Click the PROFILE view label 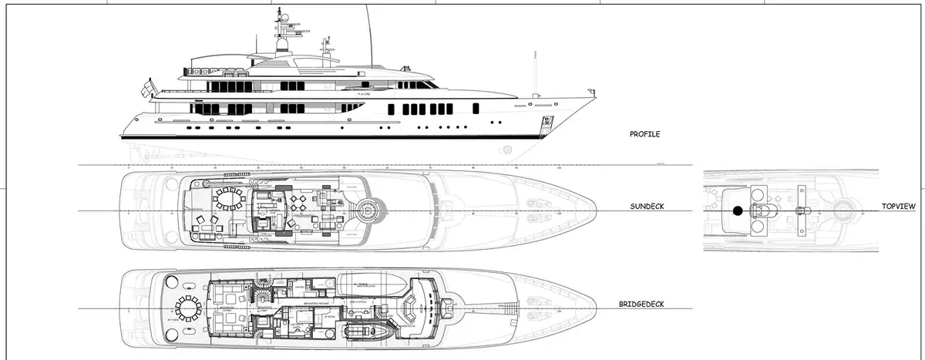point(644,134)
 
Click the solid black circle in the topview point(738,210)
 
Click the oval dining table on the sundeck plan point(228,200)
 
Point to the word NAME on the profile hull point(365,93)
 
